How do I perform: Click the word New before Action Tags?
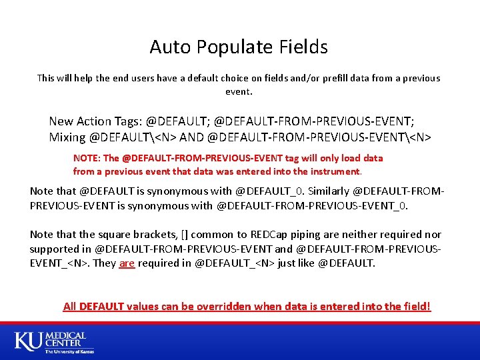pos(61,121)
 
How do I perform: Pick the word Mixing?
pos(67,137)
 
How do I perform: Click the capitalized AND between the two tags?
pos(192,137)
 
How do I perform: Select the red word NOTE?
pos(87,158)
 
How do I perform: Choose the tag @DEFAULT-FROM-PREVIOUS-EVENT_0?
pos(312,205)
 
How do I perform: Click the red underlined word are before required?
pos(127,263)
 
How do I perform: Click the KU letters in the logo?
pos(28,341)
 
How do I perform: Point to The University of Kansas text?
pos(69,351)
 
